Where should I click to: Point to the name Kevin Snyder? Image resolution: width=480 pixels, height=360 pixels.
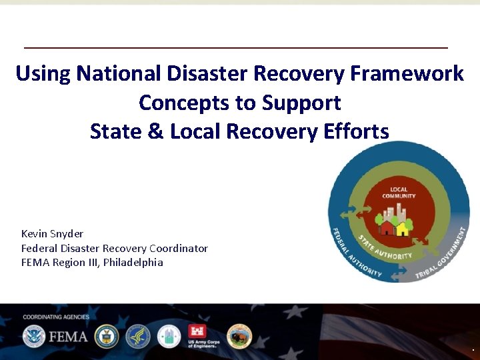[x=52, y=233]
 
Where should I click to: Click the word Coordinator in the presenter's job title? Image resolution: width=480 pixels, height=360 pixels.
[x=178, y=248]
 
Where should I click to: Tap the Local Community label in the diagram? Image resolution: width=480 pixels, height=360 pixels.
[x=399, y=193]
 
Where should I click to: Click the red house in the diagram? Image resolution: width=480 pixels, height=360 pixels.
[x=387, y=228]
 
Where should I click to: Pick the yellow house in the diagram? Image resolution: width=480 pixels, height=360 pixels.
[x=402, y=229]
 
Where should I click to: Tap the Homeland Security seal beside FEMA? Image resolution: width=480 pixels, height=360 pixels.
[x=33, y=336]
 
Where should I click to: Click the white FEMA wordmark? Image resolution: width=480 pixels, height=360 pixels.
[x=67, y=336]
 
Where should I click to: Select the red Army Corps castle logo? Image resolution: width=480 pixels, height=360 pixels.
[x=200, y=333]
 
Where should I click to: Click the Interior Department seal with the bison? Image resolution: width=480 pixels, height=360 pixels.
[x=239, y=337]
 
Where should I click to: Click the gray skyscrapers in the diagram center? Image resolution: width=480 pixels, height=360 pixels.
[x=399, y=214]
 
